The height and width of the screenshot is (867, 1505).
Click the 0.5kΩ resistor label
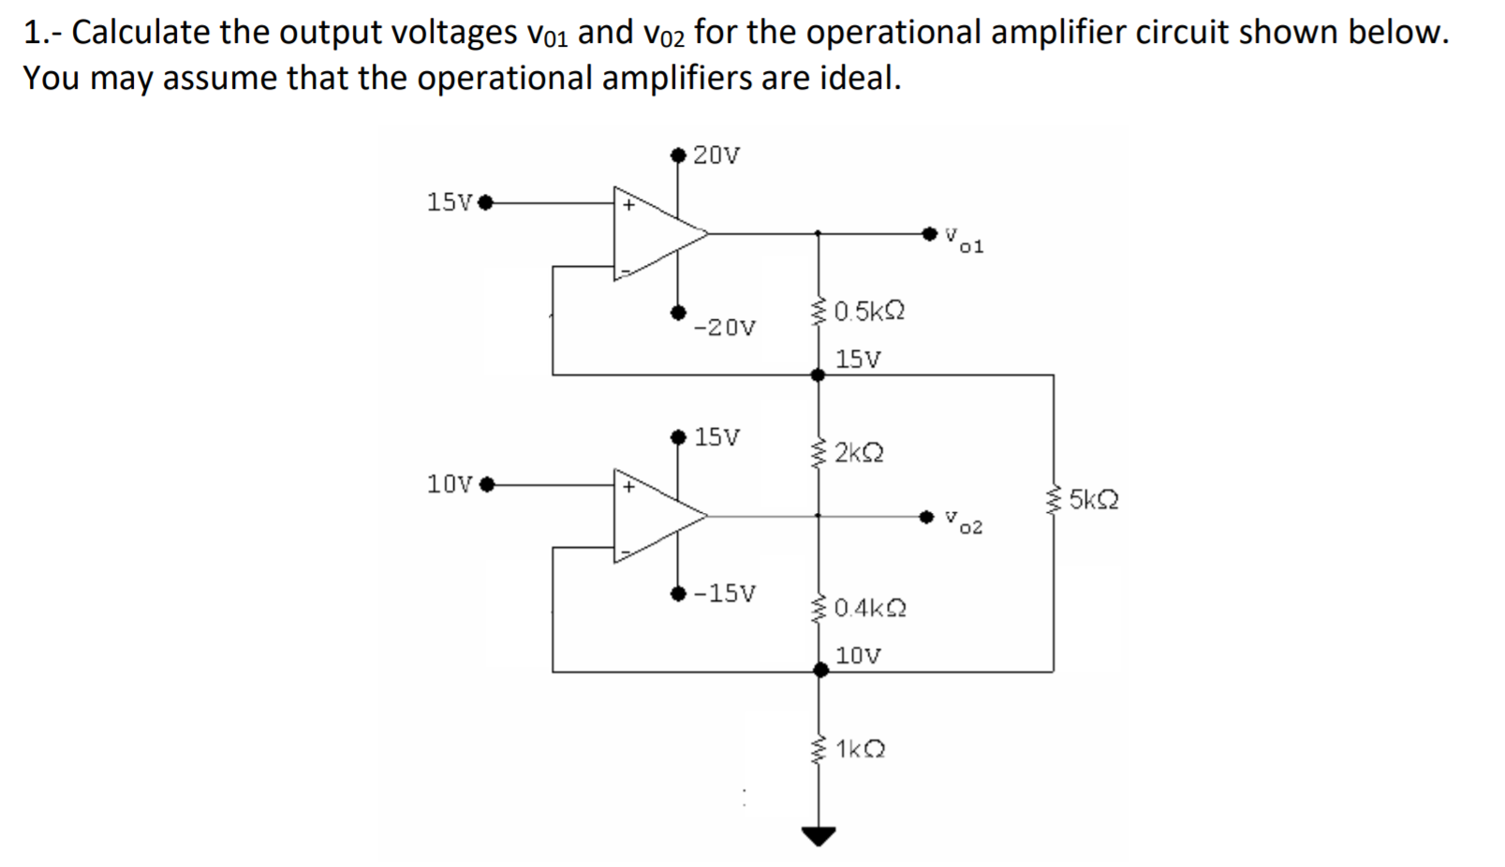pyautogui.click(x=868, y=311)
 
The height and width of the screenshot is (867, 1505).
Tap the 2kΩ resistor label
pyautogui.click(x=858, y=453)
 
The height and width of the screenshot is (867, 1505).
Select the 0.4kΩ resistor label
pyautogui.click(x=869, y=609)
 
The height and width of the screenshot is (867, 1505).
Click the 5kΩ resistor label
pyautogui.click(x=1093, y=500)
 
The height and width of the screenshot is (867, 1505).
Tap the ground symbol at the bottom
pyautogui.click(x=819, y=835)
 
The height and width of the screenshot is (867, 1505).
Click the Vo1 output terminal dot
pyautogui.click(x=929, y=232)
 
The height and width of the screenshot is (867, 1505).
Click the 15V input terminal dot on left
pyautogui.click(x=485, y=201)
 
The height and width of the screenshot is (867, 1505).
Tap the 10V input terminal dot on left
pyautogui.click(x=485, y=485)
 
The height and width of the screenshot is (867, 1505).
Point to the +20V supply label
pyautogui.click(x=716, y=155)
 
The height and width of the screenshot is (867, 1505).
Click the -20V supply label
pyautogui.click(x=724, y=328)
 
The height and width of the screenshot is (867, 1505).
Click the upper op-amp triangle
pyautogui.click(x=654, y=233)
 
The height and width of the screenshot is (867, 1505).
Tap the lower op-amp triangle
pyautogui.click(x=654, y=516)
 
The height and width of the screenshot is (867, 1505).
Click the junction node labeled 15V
pyautogui.click(x=818, y=375)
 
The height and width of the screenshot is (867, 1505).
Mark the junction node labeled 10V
pyautogui.click(x=820, y=670)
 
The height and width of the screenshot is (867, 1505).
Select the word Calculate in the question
pyautogui.click(x=140, y=33)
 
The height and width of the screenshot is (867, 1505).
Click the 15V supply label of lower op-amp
pyautogui.click(x=716, y=437)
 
